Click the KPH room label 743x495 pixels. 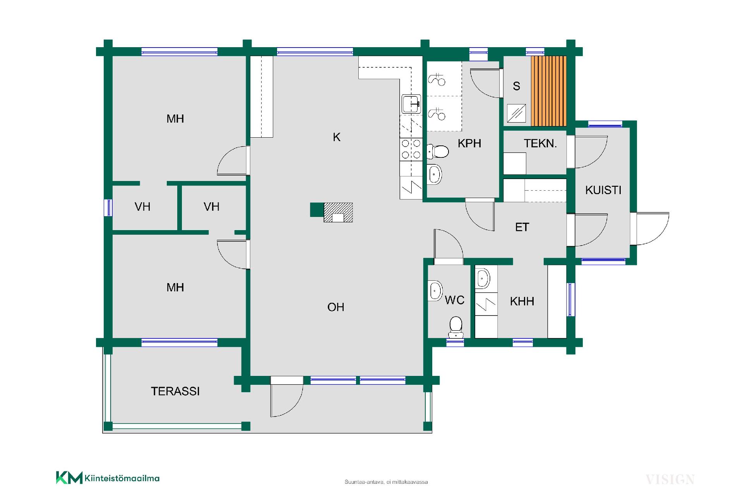[469, 143]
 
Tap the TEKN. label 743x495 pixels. [540, 143]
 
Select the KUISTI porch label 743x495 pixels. [603, 190]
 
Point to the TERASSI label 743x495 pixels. [175, 391]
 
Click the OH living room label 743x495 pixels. [336, 307]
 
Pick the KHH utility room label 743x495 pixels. [522, 301]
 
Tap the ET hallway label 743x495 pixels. [522, 227]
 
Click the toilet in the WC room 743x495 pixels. [456, 327]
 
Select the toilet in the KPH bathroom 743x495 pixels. [438, 151]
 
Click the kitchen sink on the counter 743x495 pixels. [411, 104]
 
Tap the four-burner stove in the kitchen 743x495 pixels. [411, 149]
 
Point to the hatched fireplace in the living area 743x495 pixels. [338, 212]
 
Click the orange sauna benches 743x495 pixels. [549, 91]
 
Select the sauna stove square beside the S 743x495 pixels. [517, 113]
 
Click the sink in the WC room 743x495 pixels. [435, 290]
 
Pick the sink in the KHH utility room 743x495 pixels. [483, 278]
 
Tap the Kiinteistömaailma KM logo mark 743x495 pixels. [69, 478]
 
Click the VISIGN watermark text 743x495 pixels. [670, 480]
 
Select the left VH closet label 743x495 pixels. [142, 207]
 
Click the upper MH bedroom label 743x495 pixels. [175, 119]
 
